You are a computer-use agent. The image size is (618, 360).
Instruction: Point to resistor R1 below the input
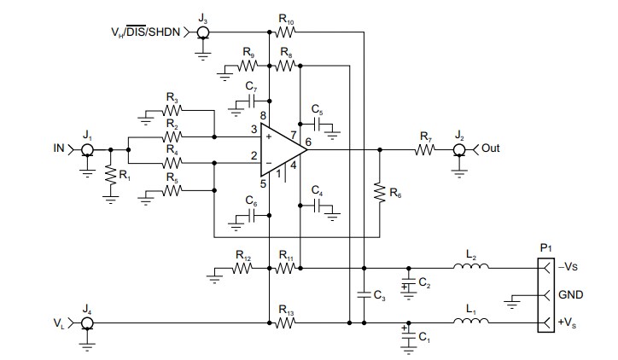click(109, 175)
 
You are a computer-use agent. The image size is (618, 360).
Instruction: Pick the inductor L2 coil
click(470, 267)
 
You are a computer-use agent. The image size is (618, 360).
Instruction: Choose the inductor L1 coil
click(470, 323)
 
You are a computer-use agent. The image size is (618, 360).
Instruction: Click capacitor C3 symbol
click(364, 294)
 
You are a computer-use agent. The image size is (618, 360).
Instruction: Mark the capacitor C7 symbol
click(251, 101)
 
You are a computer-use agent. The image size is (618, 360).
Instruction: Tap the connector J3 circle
click(203, 33)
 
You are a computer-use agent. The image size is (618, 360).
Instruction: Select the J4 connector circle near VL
click(86, 323)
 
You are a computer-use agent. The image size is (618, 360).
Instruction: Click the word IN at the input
click(59, 148)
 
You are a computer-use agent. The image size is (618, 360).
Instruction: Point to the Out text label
click(490, 148)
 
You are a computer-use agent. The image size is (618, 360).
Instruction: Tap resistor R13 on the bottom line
click(285, 323)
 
